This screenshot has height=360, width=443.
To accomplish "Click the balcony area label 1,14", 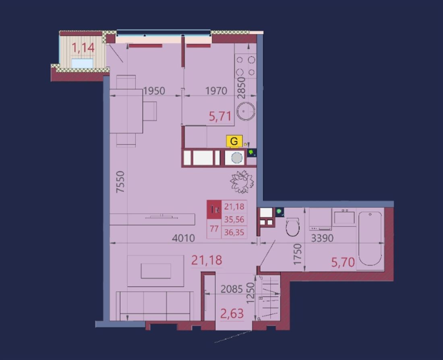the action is coord(83,48).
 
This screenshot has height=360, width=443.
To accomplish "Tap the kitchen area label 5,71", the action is coord(220,116).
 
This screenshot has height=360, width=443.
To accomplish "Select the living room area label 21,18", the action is coord(207,260).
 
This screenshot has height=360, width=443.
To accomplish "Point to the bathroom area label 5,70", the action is coord(343,263).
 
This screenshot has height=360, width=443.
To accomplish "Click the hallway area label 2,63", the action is coord(232,313).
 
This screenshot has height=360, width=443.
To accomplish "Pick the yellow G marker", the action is coord(234,141).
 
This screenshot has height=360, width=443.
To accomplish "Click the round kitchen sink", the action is coord(246,111).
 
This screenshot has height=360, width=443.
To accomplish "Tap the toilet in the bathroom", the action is coord(292,226).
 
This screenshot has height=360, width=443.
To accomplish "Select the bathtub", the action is coord(370,239).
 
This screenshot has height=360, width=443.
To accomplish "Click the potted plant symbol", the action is coord(242,182).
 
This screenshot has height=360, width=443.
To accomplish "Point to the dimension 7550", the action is coord(120,182).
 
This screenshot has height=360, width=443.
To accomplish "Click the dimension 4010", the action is coord(183,238).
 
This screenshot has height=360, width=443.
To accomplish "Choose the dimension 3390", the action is coord(322,238).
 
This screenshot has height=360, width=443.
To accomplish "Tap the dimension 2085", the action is coord(232,289).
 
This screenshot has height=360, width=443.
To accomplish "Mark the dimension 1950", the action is coord(154,91).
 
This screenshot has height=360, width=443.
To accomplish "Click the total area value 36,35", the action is coord(234,232).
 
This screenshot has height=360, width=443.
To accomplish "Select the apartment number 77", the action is coord(214,228).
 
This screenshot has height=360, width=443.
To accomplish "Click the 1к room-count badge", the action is coord(214,210).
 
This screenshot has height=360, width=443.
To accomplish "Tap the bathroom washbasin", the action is coord(344,217).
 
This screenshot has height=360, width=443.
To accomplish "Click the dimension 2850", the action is coord(241,87).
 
